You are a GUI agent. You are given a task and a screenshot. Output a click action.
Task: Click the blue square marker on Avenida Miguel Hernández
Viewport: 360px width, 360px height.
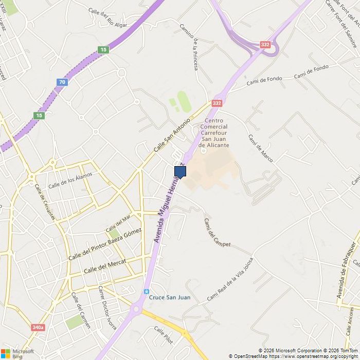point(180,172)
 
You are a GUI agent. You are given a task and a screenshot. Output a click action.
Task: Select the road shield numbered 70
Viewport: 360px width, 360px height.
point(62,82)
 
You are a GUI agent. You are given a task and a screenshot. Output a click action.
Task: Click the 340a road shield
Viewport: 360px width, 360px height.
point(38,327)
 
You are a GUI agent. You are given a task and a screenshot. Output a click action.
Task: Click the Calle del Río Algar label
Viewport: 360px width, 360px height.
point(107,17)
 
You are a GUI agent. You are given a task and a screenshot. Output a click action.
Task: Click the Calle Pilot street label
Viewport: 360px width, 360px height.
point(163,335)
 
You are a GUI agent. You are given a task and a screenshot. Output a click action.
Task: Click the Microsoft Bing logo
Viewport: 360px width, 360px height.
point(17,353)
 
